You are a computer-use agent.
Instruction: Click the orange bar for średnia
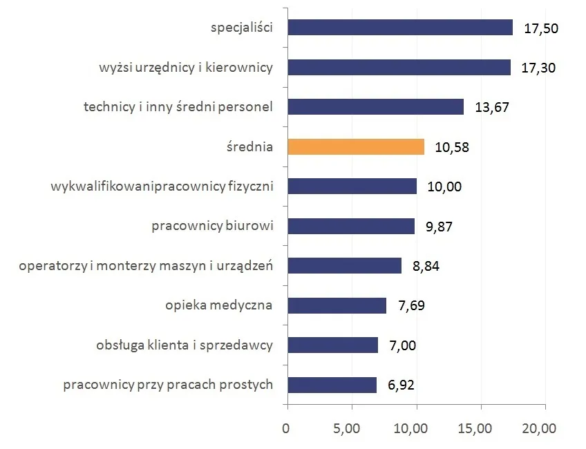tap(356, 147)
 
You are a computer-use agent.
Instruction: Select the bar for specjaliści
tap(399, 28)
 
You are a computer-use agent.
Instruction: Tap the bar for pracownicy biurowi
tap(350, 227)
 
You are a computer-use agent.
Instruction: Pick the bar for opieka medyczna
tap(337, 305)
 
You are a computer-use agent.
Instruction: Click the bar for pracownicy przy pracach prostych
tap(332, 385)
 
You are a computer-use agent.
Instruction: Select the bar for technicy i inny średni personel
tap(375, 107)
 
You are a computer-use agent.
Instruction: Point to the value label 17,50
tap(540, 28)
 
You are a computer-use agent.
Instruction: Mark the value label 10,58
tap(452, 147)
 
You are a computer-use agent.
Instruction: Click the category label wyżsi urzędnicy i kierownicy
tap(186, 68)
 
